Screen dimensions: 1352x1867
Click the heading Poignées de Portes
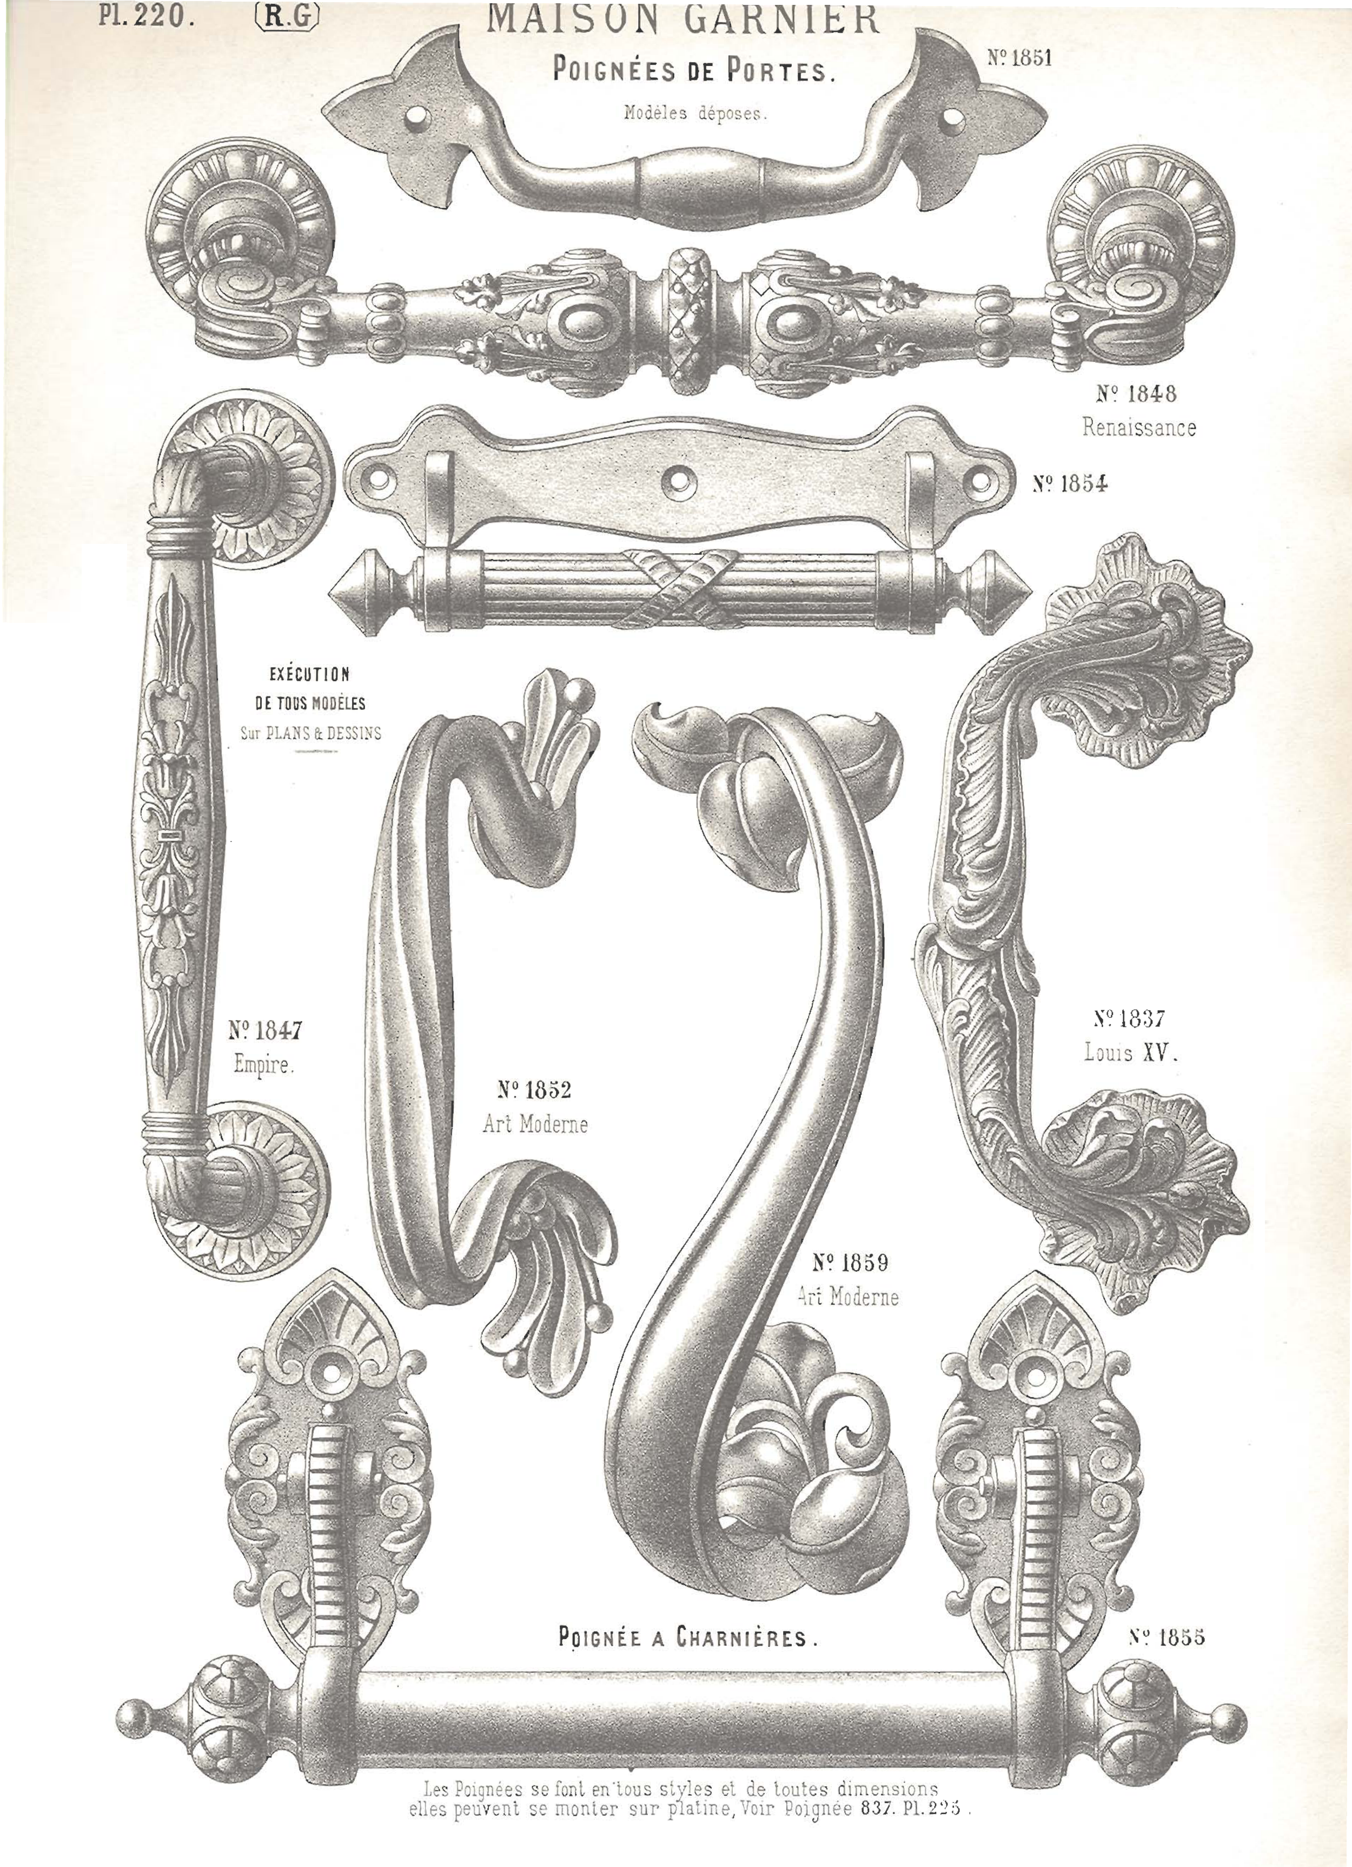click(x=694, y=71)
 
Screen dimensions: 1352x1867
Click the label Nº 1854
click(x=1070, y=483)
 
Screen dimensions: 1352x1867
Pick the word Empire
click(x=263, y=1065)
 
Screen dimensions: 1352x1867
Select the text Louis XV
click(x=1131, y=1053)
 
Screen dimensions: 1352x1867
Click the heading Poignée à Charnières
click(x=688, y=1638)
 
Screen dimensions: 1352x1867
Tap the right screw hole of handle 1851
click(x=952, y=118)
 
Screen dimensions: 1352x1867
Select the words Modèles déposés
click(x=694, y=114)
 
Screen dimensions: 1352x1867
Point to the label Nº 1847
click(x=265, y=1030)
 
